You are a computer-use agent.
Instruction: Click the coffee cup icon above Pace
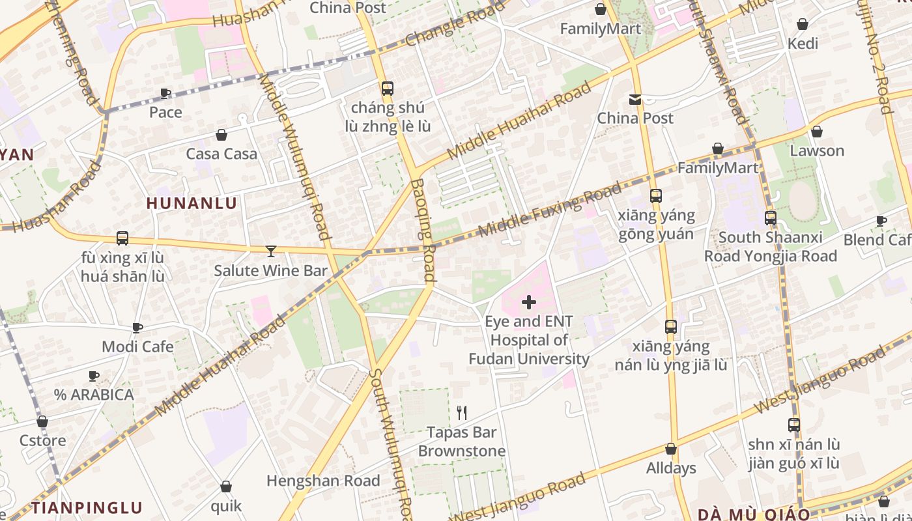[x=165, y=93]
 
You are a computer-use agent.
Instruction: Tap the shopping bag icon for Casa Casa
[x=221, y=135]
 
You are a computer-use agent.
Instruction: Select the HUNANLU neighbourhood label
[x=192, y=203]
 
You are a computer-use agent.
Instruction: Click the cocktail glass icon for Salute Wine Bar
[x=271, y=251]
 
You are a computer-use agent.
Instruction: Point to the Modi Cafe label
[x=137, y=346]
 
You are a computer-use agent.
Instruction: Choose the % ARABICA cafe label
[x=94, y=395]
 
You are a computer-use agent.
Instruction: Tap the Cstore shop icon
[x=42, y=421]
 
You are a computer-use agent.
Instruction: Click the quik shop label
[x=226, y=505]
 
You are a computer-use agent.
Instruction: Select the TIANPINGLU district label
[x=87, y=508]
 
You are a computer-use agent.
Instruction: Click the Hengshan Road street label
[x=323, y=481]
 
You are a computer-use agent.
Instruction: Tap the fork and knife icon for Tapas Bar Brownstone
[x=462, y=412]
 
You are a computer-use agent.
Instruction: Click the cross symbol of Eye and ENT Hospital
[x=529, y=302]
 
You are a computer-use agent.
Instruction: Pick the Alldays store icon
[x=671, y=449]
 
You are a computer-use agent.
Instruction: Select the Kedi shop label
[x=803, y=44]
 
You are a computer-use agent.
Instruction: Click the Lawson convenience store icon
[x=817, y=132]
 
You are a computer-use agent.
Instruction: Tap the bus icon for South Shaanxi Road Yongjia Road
[x=771, y=218]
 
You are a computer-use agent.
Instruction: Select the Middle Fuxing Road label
[x=550, y=210]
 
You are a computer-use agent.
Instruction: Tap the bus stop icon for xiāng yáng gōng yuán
[x=656, y=195]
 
